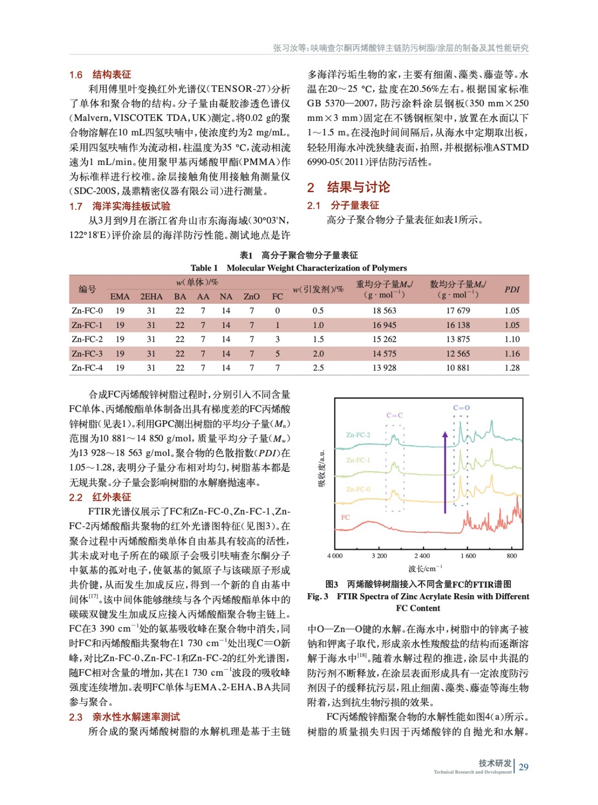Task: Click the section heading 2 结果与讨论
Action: [349, 187]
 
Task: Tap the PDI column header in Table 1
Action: [512, 289]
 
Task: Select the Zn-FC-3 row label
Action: [87, 354]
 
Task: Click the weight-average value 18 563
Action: [384, 311]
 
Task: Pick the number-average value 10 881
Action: [457, 368]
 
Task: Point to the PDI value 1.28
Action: [512, 368]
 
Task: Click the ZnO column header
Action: [251, 297]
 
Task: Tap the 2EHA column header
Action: [151, 297]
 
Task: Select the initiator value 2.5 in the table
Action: [318, 368]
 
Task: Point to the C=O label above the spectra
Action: [461, 408]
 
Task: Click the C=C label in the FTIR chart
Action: [394, 416]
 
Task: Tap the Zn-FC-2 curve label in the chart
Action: [358, 435]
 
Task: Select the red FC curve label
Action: [345, 517]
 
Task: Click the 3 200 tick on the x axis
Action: [379, 556]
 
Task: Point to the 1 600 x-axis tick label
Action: [468, 556]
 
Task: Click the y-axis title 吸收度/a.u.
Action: [321, 468]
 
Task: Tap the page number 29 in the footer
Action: [523, 767]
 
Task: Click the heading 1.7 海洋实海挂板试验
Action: [120, 206]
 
